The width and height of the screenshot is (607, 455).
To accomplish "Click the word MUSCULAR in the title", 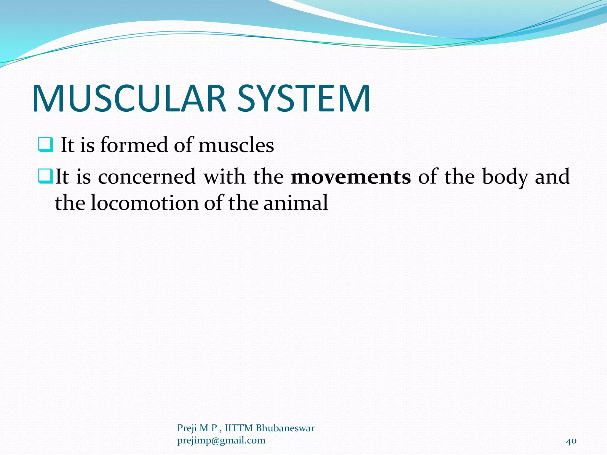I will tap(129, 99).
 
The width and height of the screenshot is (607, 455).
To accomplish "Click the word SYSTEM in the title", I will tap(303, 99).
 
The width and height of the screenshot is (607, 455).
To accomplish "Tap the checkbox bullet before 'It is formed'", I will tap(46, 145).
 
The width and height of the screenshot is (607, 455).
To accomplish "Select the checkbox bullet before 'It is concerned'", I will tap(46, 176).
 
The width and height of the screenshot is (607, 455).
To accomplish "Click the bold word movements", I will tap(351, 177).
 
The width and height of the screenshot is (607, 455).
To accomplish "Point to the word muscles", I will tap(236, 146).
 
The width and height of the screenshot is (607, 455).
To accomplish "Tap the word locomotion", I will tap(145, 203).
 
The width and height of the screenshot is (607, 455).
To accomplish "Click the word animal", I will tap(295, 203).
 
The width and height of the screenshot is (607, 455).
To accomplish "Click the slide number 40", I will tap(571, 441).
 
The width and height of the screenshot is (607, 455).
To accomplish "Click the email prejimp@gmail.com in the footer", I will tap(221, 440).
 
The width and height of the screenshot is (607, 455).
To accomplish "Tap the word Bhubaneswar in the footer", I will tap(285, 428).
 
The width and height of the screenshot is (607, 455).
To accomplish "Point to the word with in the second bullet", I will tap(224, 177).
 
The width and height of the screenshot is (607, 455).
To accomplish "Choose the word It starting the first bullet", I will tap(67, 145).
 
